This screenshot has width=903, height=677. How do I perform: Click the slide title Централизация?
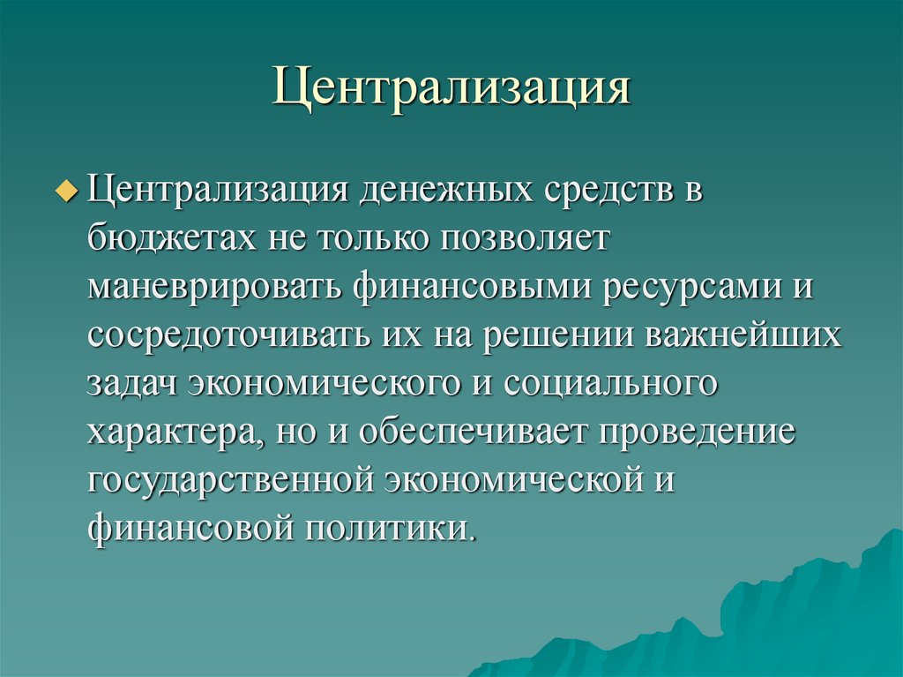pyautogui.click(x=451, y=90)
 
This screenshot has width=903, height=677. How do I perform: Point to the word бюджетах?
pyautogui.click(x=167, y=241)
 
